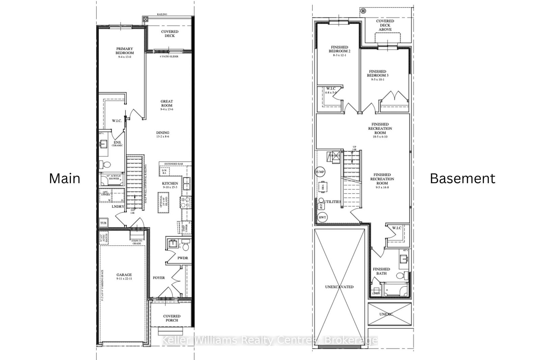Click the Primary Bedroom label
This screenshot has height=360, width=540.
point(125,51)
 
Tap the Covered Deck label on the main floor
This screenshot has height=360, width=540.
point(169,33)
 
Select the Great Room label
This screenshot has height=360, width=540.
point(166,103)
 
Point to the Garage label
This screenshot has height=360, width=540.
point(124,275)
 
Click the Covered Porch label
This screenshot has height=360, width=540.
point(172,318)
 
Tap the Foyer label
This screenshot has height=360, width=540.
point(159,278)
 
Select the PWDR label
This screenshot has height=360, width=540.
point(183,258)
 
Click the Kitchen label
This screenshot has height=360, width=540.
point(170,184)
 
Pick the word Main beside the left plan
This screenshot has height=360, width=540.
point(64,178)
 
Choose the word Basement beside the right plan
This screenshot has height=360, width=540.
point(462,178)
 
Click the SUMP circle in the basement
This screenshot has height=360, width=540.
point(320,172)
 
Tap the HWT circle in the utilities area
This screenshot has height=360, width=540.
point(322,217)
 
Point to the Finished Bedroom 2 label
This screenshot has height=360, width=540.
point(340,49)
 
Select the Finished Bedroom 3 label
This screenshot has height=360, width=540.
point(377,74)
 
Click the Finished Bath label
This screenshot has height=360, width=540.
point(381,271)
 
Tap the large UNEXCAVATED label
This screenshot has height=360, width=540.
point(340,287)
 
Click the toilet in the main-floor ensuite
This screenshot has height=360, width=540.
point(106,165)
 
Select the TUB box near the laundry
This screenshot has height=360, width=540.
point(103,223)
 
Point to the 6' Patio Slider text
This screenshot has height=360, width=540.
point(169,57)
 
